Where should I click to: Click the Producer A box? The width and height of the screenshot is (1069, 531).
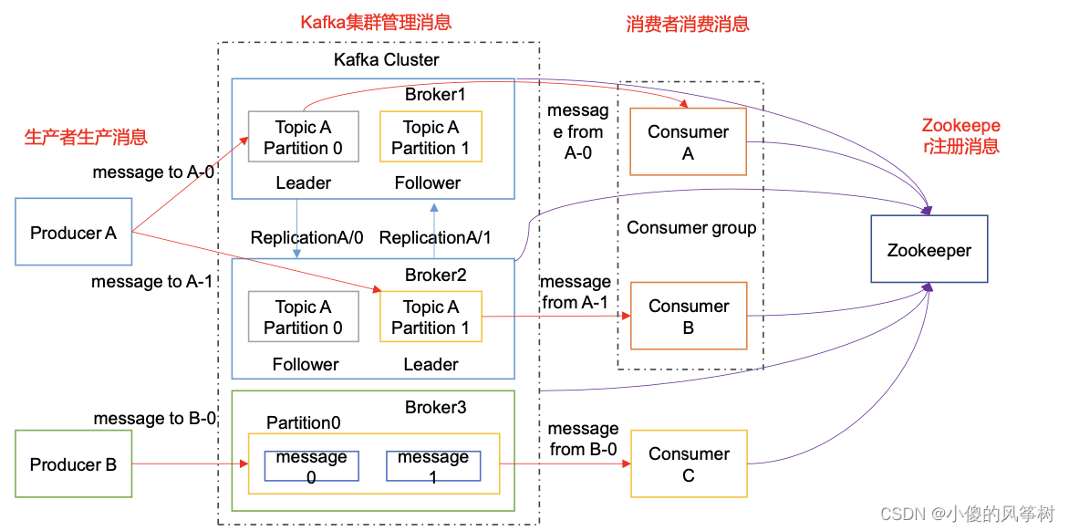(x=74, y=232)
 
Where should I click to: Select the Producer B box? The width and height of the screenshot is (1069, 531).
(x=74, y=464)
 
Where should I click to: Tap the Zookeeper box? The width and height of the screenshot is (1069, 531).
(x=929, y=250)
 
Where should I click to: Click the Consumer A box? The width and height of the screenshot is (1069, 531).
(x=688, y=142)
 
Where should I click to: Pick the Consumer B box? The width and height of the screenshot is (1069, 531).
(x=688, y=316)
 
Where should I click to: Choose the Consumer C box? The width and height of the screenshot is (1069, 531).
(x=688, y=464)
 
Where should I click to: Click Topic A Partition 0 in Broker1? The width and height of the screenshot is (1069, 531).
(x=304, y=138)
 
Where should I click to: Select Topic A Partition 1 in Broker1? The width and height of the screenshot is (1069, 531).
(x=431, y=138)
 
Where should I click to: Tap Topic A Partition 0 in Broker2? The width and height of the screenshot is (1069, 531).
(x=304, y=317)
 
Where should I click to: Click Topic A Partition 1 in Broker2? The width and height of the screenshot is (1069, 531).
(x=431, y=317)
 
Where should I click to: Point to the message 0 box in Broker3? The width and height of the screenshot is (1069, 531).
(x=311, y=465)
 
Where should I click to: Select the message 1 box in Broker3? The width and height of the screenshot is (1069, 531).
(x=433, y=465)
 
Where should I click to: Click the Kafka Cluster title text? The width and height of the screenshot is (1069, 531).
(x=386, y=60)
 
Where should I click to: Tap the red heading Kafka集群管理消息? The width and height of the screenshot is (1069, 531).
(x=376, y=22)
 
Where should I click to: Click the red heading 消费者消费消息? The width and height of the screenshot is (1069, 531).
(x=688, y=25)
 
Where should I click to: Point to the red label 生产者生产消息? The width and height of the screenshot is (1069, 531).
(x=86, y=138)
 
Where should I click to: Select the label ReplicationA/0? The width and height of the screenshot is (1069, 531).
(x=307, y=237)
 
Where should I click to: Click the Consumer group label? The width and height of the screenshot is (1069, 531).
(x=691, y=228)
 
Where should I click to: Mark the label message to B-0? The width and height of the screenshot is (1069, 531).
(x=155, y=419)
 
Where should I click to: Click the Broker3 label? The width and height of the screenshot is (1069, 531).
(x=435, y=407)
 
